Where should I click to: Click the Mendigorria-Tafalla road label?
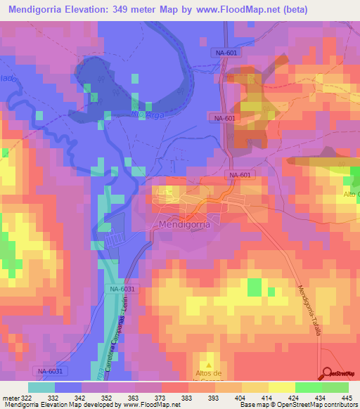click(308, 310)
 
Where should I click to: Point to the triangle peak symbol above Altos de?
click(207, 359)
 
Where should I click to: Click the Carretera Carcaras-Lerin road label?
click(113, 330)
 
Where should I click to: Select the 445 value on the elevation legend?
click(345, 398)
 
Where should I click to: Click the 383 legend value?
click(186, 398)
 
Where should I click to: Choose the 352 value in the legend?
click(107, 398)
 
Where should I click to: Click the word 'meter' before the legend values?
click(10, 398)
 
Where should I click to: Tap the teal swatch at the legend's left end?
click(41, 387)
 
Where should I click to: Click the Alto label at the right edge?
click(351, 194)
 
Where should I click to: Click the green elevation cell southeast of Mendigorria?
click(254, 287)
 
